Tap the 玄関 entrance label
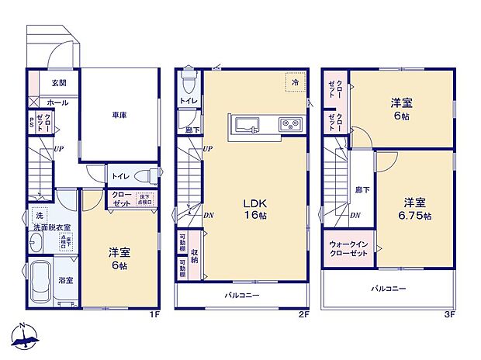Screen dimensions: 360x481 60,83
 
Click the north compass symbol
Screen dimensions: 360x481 25,337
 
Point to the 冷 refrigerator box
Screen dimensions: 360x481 296,81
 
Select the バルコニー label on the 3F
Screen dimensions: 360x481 389,288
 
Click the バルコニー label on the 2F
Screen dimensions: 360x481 242,296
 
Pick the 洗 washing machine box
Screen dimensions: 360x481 37,215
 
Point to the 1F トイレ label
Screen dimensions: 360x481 119,176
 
